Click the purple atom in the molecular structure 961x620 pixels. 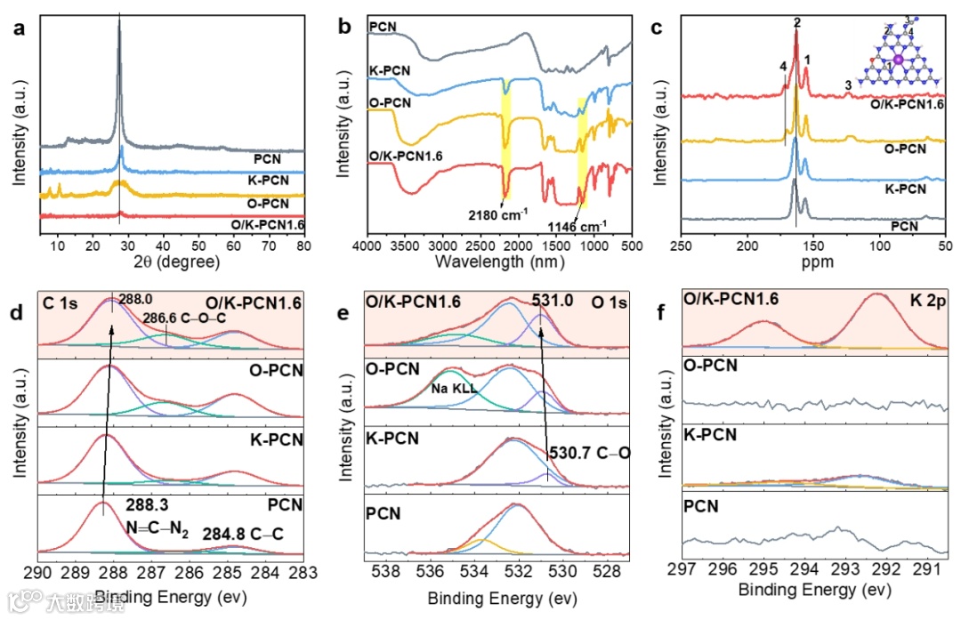pos(898,60)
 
